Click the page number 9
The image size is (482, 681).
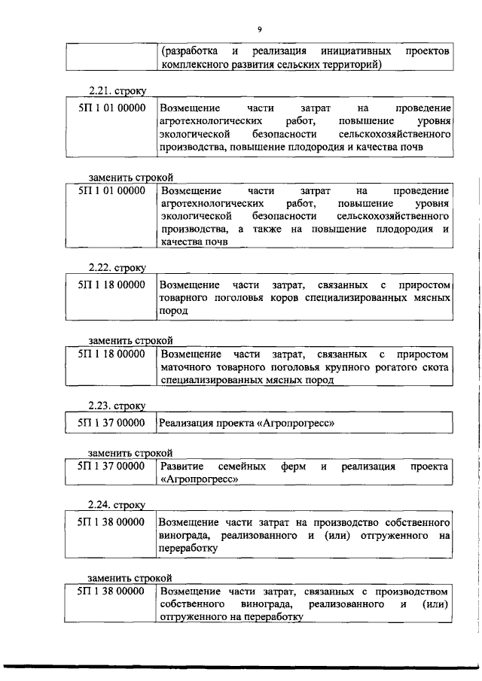[258, 29]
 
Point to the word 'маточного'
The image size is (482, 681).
[186, 367]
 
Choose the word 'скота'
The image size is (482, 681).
[436, 367]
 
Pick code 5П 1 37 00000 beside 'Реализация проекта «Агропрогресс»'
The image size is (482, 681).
[111, 423]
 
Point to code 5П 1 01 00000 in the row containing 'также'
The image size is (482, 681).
[111, 191]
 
